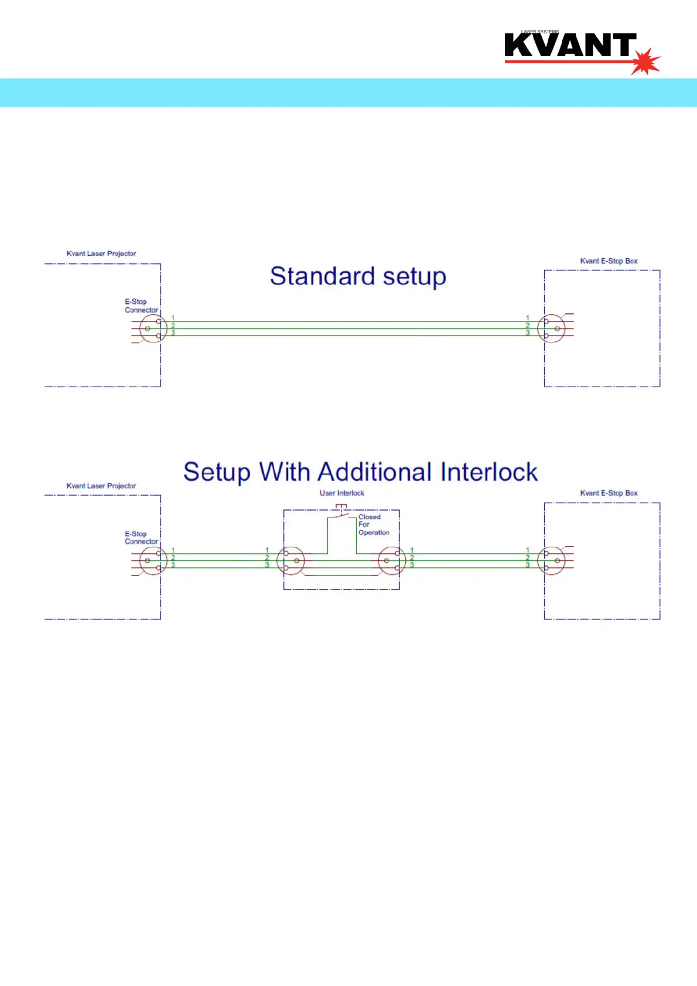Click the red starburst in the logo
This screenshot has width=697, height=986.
(646, 60)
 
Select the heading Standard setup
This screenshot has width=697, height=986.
(358, 276)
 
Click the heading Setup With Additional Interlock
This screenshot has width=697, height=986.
(360, 472)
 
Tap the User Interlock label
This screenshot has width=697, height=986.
(341, 493)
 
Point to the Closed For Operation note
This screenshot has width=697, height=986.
(373, 525)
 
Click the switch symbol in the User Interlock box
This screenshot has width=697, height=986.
(341, 512)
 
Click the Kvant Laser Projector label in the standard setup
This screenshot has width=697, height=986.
(101, 254)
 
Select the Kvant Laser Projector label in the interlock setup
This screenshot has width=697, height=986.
(101, 486)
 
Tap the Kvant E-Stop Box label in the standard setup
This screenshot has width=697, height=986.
(609, 261)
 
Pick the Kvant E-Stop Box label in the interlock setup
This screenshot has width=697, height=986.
(609, 493)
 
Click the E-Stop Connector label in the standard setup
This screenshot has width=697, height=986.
(141, 306)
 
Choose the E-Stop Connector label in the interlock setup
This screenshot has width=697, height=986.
(141, 537)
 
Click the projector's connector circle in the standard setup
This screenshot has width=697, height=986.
(153, 328)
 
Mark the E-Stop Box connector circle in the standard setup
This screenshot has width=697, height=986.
(551, 328)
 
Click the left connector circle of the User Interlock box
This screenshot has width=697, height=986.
(291, 561)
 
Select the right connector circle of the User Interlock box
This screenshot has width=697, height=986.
(391, 561)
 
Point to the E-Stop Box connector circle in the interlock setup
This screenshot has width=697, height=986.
(551, 561)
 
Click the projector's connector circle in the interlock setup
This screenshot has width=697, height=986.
(153, 561)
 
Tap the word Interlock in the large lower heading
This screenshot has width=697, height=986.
(488, 472)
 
